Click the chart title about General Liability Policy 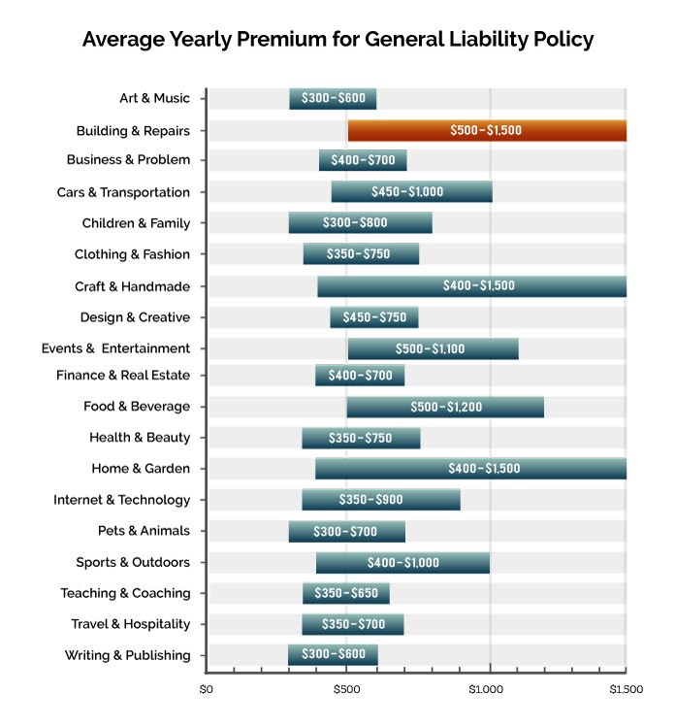pyautogui.click(x=337, y=40)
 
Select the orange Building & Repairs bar pyautogui.click(x=487, y=130)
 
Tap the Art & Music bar pyautogui.click(x=333, y=98)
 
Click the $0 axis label pyautogui.click(x=206, y=689)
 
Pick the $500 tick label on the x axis pyautogui.click(x=347, y=689)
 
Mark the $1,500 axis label pyautogui.click(x=626, y=689)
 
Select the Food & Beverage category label pyautogui.click(x=137, y=406)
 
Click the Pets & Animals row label pyautogui.click(x=144, y=531)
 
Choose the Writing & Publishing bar pyautogui.click(x=333, y=655)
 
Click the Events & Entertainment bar pyautogui.click(x=433, y=348)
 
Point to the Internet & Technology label pyautogui.click(x=121, y=500)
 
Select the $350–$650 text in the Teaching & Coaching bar pyautogui.click(x=346, y=593)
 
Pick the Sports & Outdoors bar pyautogui.click(x=402, y=562)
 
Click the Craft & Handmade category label pyautogui.click(x=132, y=286)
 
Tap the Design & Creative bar pyautogui.click(x=374, y=317)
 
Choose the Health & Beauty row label pyautogui.click(x=140, y=437)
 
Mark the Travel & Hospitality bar pyautogui.click(x=352, y=624)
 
